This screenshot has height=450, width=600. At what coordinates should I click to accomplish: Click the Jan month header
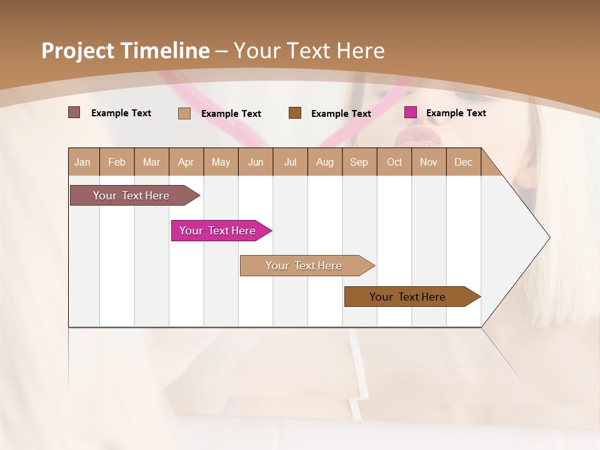(82, 162)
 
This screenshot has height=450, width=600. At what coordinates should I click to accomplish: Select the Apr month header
(186, 162)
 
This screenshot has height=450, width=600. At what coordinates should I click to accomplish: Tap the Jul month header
(290, 162)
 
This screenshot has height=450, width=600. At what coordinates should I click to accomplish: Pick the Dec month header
(463, 162)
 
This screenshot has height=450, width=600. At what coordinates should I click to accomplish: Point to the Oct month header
(394, 162)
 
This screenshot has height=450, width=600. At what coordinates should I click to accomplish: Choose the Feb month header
(117, 162)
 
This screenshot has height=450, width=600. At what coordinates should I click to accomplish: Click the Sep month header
(359, 162)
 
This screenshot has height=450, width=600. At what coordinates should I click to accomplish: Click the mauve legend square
(74, 112)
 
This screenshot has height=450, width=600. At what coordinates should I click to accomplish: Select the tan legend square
(184, 113)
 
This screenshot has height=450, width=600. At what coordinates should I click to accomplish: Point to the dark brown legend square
(295, 112)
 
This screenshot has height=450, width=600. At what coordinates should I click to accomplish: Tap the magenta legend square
(411, 112)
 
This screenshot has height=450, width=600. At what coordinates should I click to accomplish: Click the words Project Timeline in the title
(126, 51)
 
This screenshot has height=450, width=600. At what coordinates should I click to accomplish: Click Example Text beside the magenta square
(456, 113)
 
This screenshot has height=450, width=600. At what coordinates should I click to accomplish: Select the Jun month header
(255, 162)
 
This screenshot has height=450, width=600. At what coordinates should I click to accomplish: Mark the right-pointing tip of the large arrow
(549, 237)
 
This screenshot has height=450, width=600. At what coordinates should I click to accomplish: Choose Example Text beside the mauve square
(121, 113)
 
